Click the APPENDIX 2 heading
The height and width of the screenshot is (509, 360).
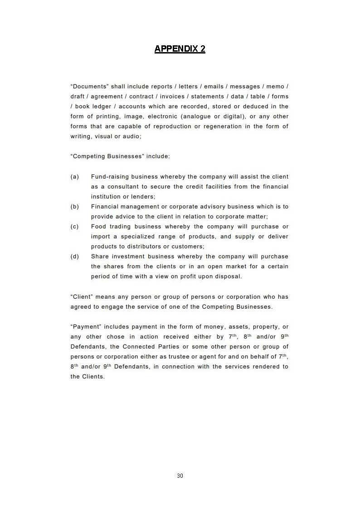(x=180, y=49)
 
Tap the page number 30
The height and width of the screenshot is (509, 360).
(x=180, y=475)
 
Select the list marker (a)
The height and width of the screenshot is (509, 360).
(x=75, y=177)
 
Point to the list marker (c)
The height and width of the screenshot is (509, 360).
(x=75, y=227)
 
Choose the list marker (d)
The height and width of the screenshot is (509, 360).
(x=75, y=257)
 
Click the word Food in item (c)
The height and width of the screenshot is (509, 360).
(x=99, y=227)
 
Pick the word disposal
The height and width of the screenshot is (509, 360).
(x=228, y=276)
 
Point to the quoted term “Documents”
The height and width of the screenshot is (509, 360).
(x=89, y=87)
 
